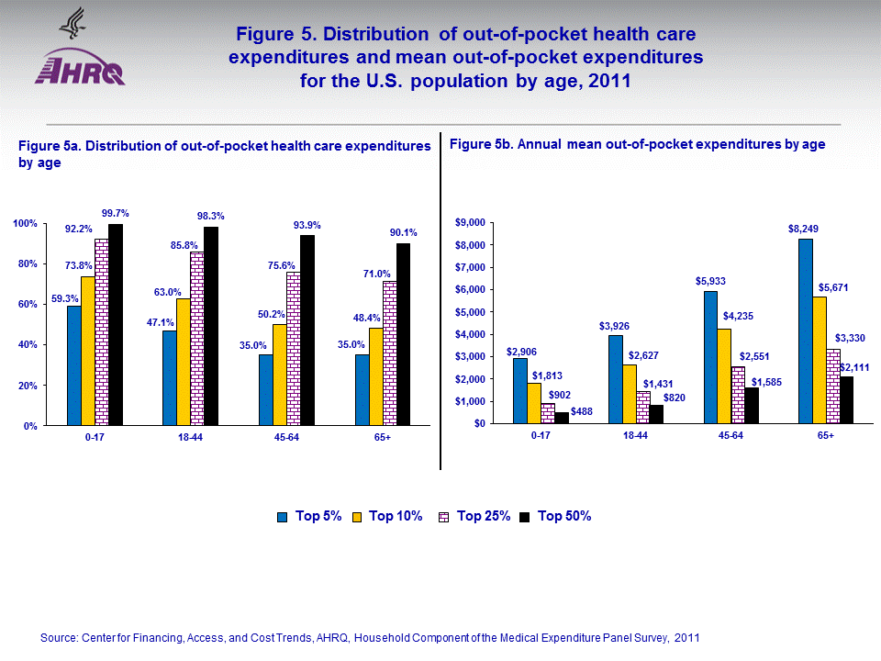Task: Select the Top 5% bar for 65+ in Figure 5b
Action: [x=806, y=330]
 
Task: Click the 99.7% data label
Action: [x=115, y=213]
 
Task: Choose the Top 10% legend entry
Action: [x=396, y=516]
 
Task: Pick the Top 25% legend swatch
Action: [x=445, y=517]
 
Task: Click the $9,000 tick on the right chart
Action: [x=475, y=223]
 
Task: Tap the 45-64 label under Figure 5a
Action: [x=286, y=438]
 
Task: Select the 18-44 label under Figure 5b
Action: [x=634, y=435]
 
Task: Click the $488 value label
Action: [x=582, y=412]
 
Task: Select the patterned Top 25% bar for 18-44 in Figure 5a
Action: [x=197, y=339]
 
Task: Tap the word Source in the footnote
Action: [x=58, y=637]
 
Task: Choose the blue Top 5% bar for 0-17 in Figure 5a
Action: [x=74, y=365]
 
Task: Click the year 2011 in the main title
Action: [x=607, y=80]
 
